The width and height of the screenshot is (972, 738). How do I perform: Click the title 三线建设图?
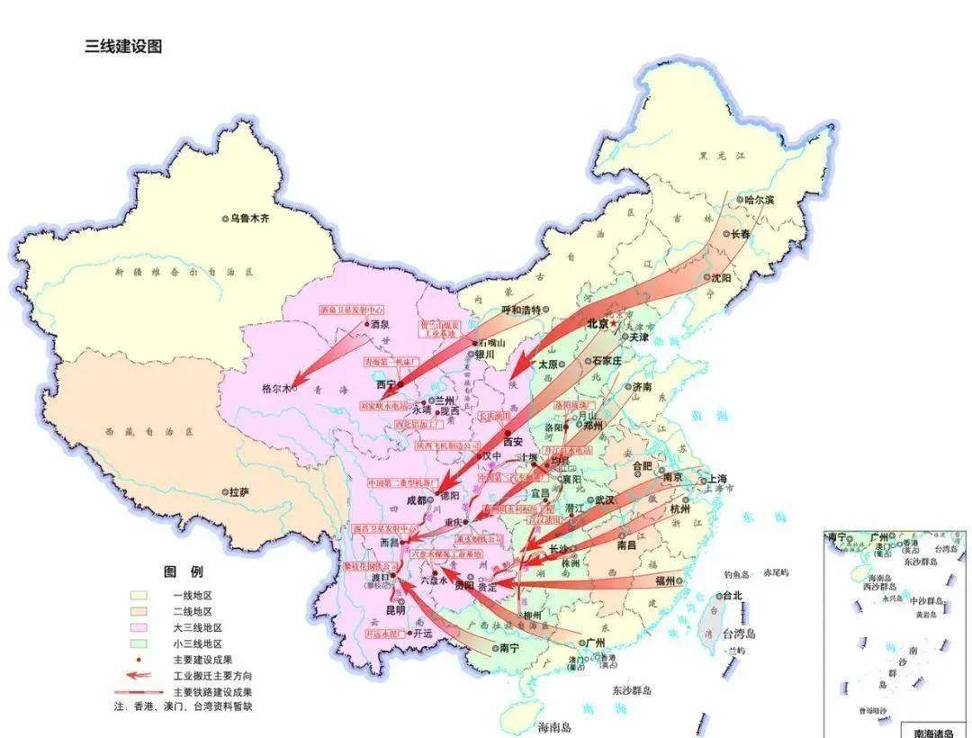(x=123, y=47)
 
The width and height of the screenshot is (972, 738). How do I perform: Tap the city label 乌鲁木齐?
(x=249, y=218)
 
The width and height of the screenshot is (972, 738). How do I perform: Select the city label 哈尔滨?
(x=760, y=200)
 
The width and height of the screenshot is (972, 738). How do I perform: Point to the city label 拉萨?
(x=239, y=492)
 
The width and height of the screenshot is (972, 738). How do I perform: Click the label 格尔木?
(x=275, y=389)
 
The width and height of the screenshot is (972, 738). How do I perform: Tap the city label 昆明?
(x=396, y=609)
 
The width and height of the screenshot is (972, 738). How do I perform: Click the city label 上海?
(x=717, y=479)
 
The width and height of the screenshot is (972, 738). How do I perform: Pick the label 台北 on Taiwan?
(x=732, y=595)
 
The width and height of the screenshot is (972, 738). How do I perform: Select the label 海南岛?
(x=555, y=726)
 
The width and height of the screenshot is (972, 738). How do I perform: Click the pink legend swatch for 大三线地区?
(x=139, y=627)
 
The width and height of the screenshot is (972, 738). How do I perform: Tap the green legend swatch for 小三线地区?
(x=139, y=643)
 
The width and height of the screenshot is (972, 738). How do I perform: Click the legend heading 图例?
(x=184, y=571)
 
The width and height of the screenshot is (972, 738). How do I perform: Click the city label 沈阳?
(x=721, y=278)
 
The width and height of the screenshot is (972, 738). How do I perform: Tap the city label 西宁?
(x=386, y=383)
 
